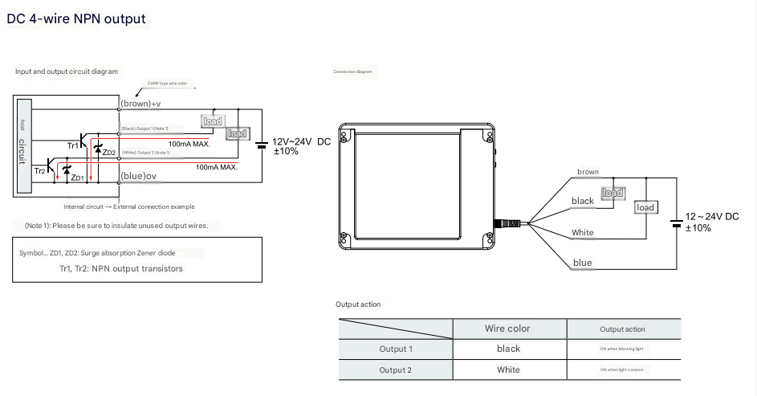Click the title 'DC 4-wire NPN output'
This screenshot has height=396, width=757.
(76, 18)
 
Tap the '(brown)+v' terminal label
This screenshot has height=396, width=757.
(140, 104)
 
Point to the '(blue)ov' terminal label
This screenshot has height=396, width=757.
(138, 176)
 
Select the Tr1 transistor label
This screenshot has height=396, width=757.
(73, 145)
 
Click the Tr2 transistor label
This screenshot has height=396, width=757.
(39, 171)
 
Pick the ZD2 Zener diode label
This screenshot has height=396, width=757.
(109, 153)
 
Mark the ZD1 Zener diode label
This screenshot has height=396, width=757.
(78, 178)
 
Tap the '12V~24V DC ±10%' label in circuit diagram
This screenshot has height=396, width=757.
(301, 145)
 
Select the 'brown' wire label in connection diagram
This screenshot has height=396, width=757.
(588, 172)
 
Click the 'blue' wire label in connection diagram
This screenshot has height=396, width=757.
(582, 263)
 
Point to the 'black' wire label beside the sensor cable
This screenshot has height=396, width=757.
(582, 201)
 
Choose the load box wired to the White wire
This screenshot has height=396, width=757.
(645, 208)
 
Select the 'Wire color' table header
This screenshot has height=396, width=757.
(507, 329)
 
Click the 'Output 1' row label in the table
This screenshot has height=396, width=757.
(395, 349)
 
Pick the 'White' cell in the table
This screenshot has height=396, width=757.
(507, 370)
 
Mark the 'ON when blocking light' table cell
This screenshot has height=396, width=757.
(622, 349)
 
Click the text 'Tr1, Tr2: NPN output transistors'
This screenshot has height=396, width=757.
(136, 268)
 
